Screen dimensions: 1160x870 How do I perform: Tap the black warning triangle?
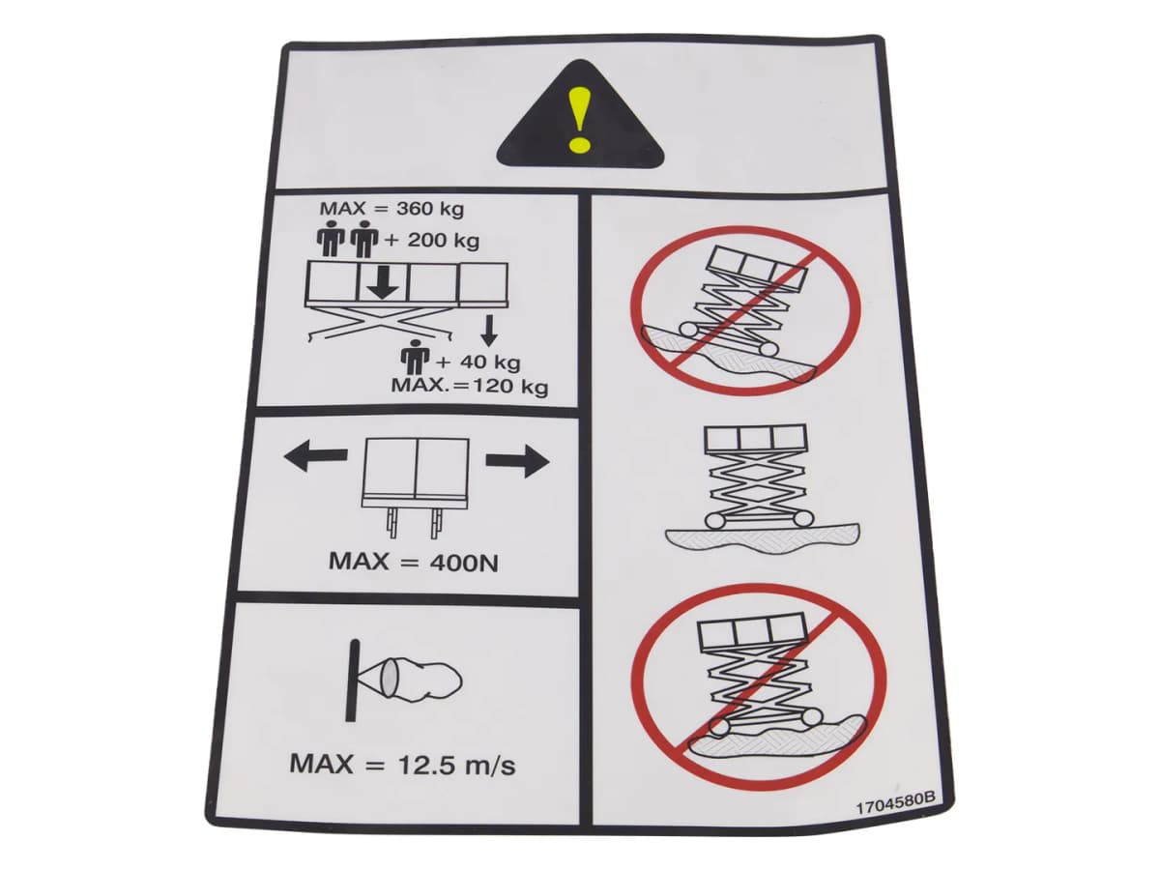point(580,115)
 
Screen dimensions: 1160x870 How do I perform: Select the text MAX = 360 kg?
point(391,209)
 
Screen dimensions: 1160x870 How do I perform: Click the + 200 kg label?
point(432,242)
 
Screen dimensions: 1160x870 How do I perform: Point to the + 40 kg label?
point(478,362)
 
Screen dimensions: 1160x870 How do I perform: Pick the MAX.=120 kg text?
point(469,386)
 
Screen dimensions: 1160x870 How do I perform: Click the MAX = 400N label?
point(414,562)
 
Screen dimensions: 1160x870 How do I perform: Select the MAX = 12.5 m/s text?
point(402,764)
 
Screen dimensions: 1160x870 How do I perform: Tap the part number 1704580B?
point(895,808)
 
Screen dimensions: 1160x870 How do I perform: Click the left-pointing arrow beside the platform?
point(315,456)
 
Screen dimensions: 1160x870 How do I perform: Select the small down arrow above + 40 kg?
point(490,331)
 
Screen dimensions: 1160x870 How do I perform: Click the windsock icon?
point(404,681)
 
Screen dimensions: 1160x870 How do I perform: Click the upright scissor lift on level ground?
point(756,492)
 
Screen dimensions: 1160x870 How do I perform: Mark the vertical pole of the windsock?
point(352,681)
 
